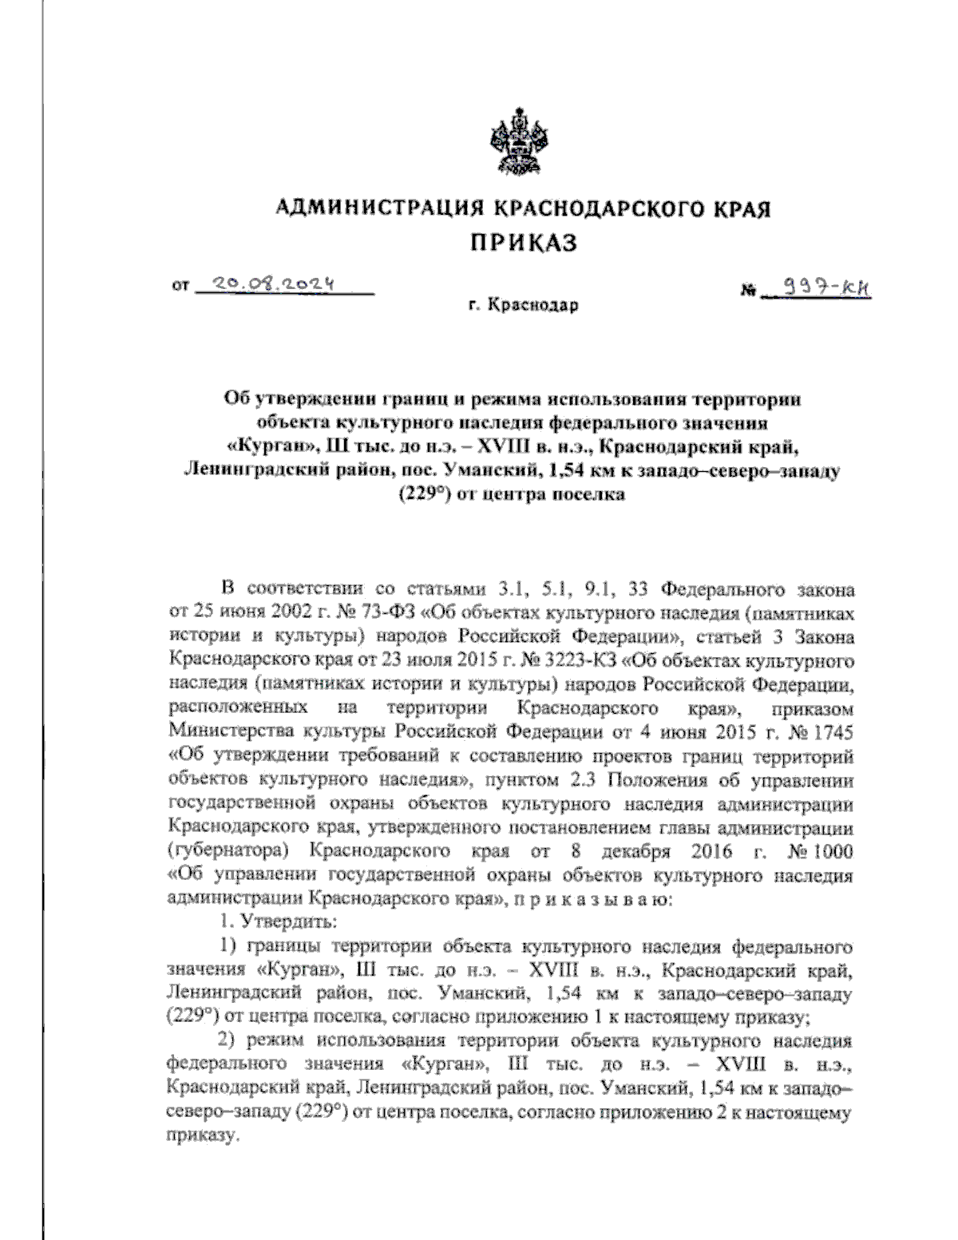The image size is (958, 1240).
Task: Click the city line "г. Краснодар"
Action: (x=522, y=305)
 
